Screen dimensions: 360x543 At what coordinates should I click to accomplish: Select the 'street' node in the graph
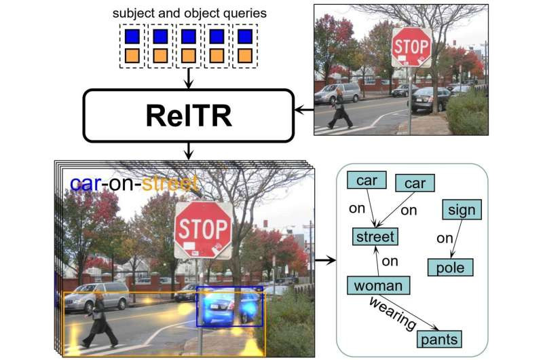[375, 237]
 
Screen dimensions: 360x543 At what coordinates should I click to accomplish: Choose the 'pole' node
[450, 267]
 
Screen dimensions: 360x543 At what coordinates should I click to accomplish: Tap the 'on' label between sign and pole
[444, 238]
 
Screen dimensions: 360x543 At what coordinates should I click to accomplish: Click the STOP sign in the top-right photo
[411, 47]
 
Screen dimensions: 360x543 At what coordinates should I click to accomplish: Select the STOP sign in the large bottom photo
[203, 229]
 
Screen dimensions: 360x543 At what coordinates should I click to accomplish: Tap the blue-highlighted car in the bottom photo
[229, 306]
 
